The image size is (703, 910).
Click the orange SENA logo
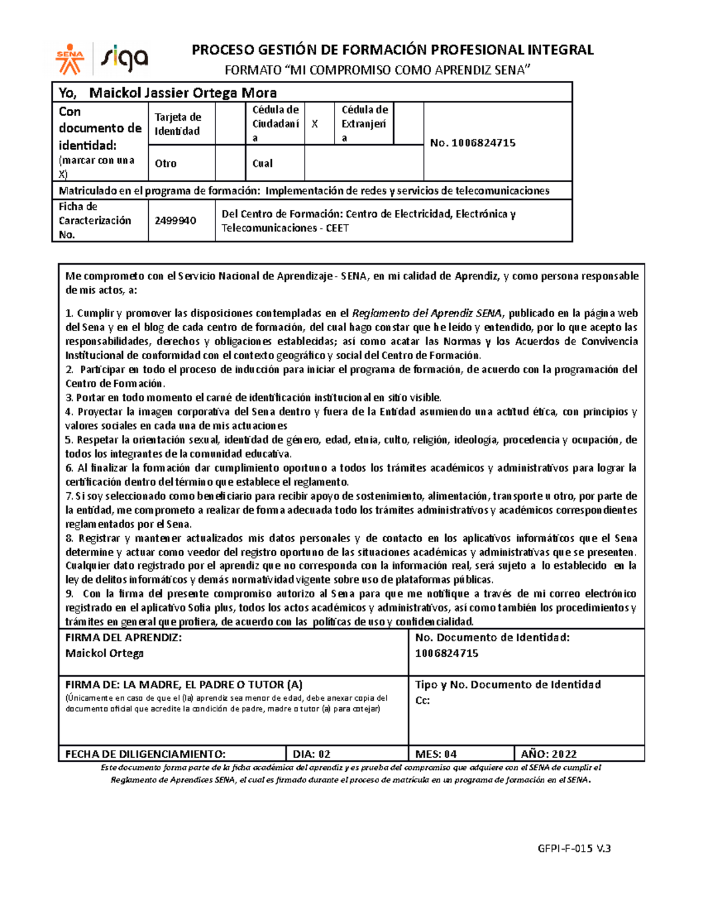[70, 59]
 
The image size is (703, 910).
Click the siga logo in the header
[125, 59]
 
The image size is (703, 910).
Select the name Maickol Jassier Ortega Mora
[183, 93]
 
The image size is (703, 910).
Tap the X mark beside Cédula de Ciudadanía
[315, 124]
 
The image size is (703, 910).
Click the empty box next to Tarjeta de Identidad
[230, 124]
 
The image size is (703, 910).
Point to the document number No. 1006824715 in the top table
[472, 142]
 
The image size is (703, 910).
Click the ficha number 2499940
[175, 220]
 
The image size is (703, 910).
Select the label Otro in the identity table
[165, 163]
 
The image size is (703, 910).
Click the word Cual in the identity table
[262, 163]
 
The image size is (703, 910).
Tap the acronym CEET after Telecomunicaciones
[337, 228]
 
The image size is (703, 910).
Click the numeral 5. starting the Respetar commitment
[69, 439]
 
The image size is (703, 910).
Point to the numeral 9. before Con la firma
[69, 594]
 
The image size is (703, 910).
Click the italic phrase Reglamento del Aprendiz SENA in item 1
[426, 313]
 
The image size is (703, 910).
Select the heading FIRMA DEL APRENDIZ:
[123, 638]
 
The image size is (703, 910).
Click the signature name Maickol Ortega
[104, 653]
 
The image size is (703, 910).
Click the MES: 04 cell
[436, 754]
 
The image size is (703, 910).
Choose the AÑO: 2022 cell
[548, 754]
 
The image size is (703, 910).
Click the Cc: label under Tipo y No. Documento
[422, 700]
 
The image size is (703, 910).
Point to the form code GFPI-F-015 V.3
[574, 848]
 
